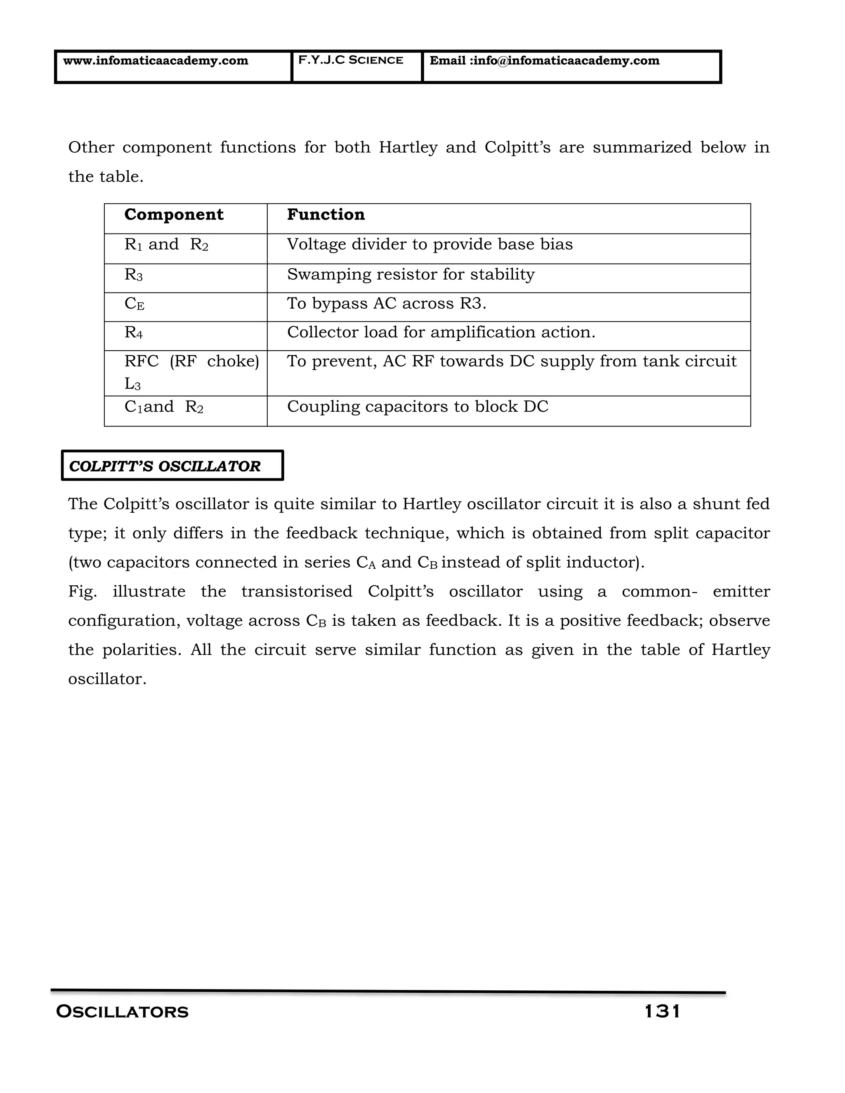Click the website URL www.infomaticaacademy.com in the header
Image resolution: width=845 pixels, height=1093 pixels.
(x=156, y=61)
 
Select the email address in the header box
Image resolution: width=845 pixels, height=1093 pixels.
(x=544, y=61)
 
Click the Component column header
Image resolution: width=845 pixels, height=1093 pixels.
(x=174, y=215)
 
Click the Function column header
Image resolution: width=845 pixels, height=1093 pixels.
(x=326, y=215)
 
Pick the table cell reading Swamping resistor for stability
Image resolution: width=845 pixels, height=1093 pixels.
(x=411, y=274)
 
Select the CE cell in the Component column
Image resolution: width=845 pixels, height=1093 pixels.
(x=134, y=304)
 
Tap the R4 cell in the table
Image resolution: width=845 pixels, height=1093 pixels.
(x=134, y=332)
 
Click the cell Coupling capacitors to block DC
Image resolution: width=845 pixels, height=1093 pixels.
(x=418, y=406)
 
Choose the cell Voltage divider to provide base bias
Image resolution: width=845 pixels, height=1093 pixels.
(x=430, y=244)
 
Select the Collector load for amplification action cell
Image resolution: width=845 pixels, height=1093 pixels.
(x=441, y=332)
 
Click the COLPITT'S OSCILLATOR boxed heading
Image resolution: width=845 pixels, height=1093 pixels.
(x=165, y=466)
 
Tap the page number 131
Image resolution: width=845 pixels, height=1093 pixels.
(x=662, y=1011)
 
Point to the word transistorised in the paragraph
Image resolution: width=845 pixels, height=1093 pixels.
(x=297, y=591)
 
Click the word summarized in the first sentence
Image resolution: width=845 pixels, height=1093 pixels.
(x=642, y=148)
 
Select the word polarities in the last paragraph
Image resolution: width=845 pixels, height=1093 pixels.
(x=142, y=650)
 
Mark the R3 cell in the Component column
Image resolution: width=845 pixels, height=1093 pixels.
(x=134, y=275)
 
